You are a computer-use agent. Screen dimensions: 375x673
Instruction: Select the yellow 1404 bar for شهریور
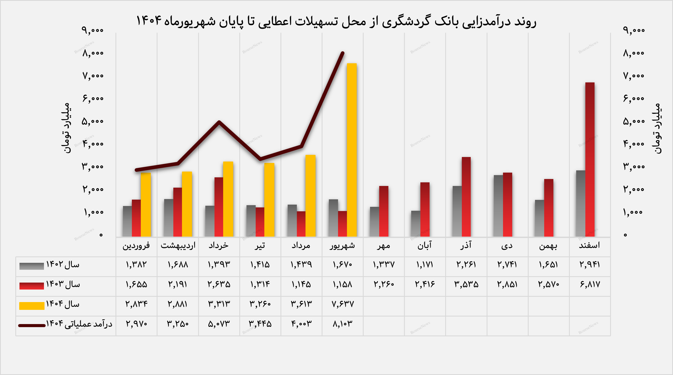352,150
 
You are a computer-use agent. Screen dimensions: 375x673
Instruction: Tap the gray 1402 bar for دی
498,206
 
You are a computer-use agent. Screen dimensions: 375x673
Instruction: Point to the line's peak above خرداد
219,122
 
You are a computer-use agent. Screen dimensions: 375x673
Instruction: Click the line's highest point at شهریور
343,53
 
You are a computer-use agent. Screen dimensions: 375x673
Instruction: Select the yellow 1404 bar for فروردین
146,205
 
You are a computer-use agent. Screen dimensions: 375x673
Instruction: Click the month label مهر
384,246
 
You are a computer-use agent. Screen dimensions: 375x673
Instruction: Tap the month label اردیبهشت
178,246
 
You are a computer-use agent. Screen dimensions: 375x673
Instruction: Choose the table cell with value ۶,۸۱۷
590,285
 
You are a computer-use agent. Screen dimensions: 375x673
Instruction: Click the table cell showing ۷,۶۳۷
343,304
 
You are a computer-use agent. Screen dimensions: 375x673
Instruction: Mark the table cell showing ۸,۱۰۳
343,324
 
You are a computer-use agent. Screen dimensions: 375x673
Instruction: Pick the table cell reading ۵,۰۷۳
219,324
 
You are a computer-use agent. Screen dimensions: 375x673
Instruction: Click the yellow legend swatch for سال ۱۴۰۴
32,306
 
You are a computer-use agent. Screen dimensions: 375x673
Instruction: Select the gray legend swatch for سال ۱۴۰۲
32,266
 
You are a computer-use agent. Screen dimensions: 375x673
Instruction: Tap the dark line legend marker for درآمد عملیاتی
32,325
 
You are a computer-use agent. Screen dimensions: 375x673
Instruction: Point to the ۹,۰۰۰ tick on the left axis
93,30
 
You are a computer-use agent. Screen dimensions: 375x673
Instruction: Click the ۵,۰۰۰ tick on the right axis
634,121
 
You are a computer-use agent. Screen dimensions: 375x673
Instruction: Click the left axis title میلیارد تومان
66,128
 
